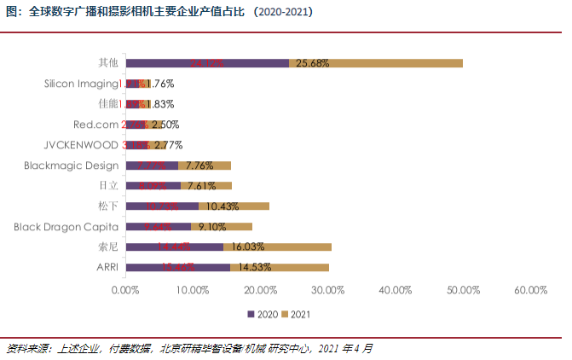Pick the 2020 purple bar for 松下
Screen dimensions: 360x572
[162, 206]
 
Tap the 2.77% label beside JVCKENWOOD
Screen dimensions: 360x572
[169, 145]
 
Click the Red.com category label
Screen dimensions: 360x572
[96, 125]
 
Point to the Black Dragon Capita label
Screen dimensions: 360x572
[66, 227]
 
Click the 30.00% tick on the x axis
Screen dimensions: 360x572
[328, 290]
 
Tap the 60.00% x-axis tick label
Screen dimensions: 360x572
[530, 290]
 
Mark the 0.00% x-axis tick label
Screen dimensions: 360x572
[125, 290]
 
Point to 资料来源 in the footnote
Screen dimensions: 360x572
[26, 348]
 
